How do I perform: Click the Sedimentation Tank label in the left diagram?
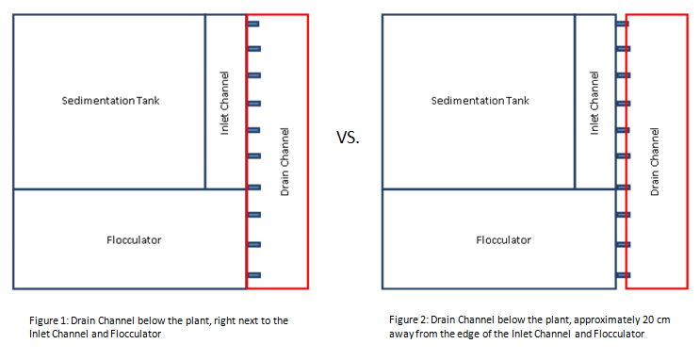point(110,101)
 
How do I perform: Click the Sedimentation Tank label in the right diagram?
point(480,101)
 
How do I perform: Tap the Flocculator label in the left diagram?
point(134,240)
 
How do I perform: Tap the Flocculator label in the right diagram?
point(504,240)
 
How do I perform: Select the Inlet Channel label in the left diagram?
point(224,103)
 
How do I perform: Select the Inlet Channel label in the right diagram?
point(594,103)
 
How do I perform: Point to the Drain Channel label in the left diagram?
point(285,162)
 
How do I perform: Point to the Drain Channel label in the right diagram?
point(655,162)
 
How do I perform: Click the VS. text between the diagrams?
point(348,138)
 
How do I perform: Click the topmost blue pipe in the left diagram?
point(253,24)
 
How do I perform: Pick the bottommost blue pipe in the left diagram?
point(254,275)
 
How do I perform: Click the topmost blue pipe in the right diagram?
point(623,24)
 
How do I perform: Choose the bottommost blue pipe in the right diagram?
point(624,275)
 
